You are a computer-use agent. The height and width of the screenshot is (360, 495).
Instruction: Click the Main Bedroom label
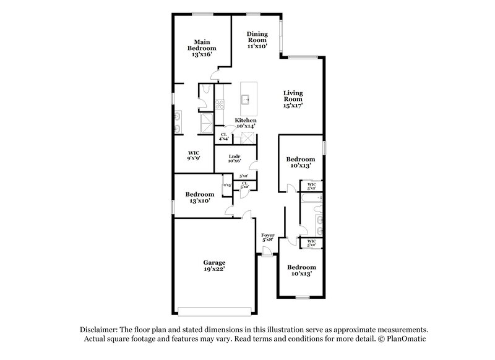point(203,48)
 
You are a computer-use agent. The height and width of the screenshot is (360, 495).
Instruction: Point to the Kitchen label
point(246,122)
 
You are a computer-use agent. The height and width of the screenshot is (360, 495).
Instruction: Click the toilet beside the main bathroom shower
point(205,92)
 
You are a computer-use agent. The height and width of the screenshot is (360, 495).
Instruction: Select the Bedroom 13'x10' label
point(199,197)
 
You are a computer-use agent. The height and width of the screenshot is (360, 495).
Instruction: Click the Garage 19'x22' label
point(215,265)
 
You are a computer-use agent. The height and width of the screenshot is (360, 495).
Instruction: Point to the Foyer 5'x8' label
point(268,238)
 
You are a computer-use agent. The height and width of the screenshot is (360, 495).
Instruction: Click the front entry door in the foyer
point(267,251)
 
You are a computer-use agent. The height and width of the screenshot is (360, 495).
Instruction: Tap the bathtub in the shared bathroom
point(309,198)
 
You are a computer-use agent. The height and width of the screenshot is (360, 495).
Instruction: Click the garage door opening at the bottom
point(215,311)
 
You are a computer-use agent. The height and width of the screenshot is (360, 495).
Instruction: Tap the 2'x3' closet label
point(227,185)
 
